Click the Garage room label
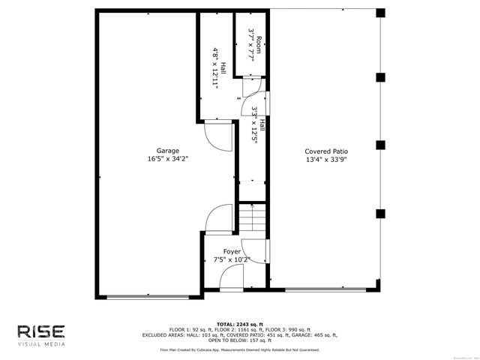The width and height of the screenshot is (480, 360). (167, 151)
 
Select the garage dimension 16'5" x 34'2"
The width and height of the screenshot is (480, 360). (167, 159)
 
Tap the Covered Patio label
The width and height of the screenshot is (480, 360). (326, 151)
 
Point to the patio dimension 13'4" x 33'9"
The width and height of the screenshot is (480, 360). (326, 159)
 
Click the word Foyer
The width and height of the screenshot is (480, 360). (232, 252)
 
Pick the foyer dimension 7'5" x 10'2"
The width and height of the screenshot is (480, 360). (232, 260)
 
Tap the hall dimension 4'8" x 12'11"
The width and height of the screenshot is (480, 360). (215, 68)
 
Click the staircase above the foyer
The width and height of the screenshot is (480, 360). (253, 219)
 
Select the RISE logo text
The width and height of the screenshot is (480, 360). (41, 331)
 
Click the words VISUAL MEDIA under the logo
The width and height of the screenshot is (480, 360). (41, 344)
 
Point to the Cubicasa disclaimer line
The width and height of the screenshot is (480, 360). (240, 350)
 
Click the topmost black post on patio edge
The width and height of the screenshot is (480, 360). (380, 13)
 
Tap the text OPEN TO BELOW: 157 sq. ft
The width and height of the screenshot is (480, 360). (240, 341)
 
